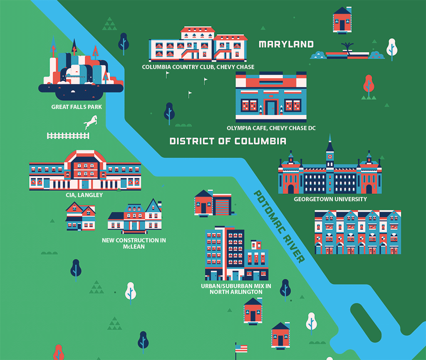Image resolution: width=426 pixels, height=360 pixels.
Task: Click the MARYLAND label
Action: (286, 44)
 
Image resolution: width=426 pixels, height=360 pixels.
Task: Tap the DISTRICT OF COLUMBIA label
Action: (228, 141)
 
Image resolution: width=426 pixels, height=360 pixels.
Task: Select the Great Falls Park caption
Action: (77, 107)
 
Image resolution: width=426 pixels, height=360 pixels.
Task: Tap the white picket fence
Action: (68, 136)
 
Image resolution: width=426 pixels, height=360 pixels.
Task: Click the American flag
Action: (241, 348)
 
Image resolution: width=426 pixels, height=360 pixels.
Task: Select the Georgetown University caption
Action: (330, 199)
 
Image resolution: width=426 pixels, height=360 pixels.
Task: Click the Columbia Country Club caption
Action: (198, 67)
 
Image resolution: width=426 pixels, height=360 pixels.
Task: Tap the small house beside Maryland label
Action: (342, 19)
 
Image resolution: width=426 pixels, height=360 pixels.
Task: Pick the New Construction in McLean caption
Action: (134, 243)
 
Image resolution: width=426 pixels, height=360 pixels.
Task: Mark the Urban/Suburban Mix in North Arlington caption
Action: (236, 289)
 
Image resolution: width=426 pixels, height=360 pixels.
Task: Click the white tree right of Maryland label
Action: (391, 47)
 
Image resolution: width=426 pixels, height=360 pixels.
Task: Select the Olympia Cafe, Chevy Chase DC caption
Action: (271, 128)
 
